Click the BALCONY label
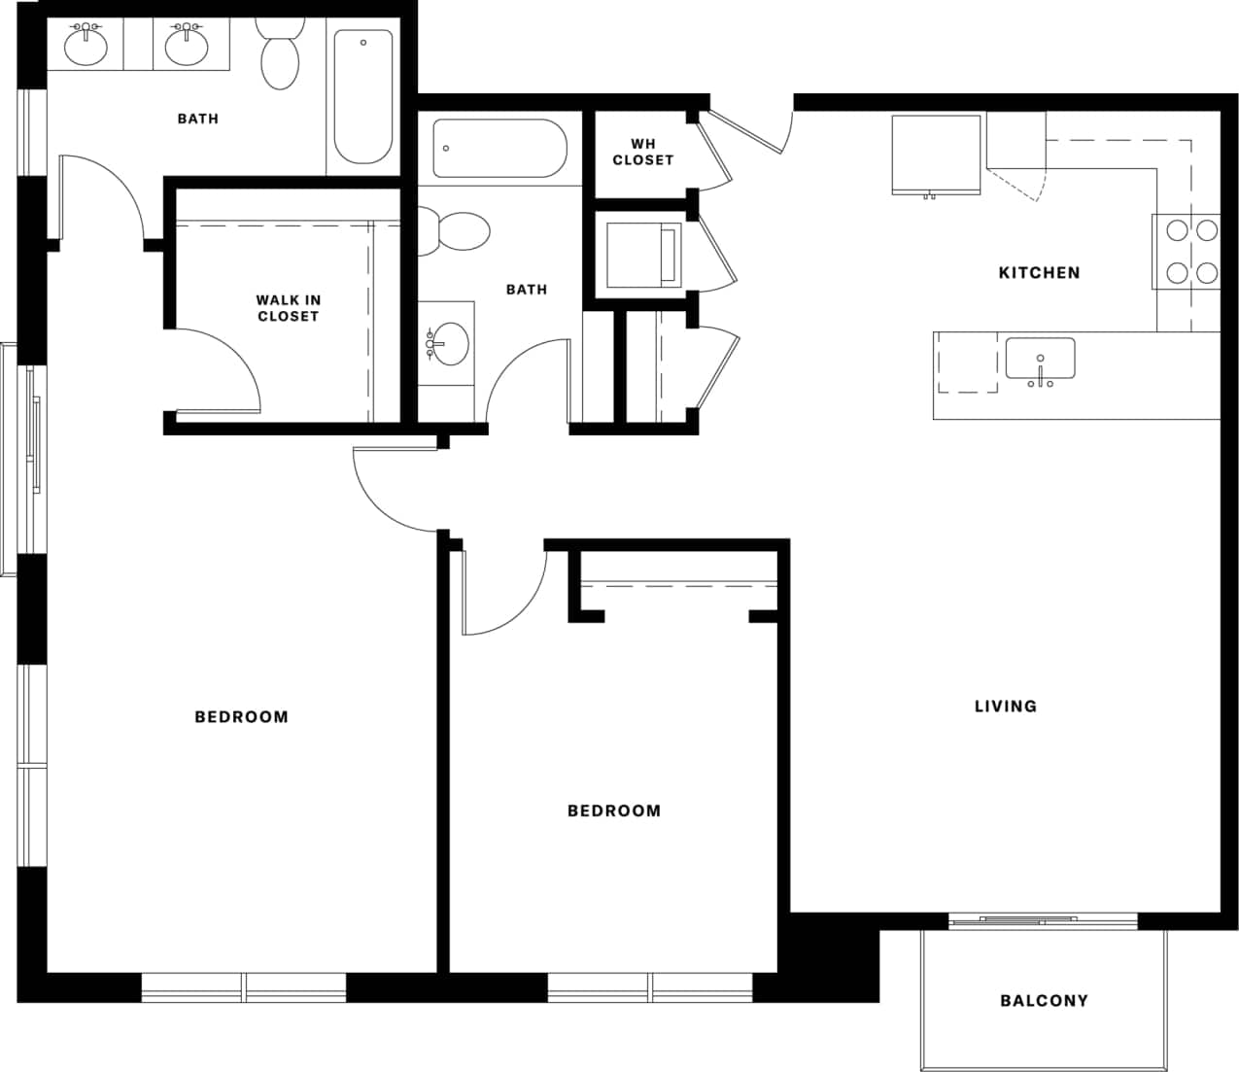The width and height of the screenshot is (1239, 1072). click(x=1044, y=1000)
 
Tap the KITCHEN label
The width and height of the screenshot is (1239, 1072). click(x=1039, y=273)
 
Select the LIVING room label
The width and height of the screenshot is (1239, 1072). click(x=1005, y=707)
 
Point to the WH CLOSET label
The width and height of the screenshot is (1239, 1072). click(x=642, y=152)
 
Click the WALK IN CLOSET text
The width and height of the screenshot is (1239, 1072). click(x=288, y=308)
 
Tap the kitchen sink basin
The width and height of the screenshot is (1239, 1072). click(x=1040, y=359)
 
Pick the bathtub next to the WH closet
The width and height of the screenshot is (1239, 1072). click(x=499, y=149)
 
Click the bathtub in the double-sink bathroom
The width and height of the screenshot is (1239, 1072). click(x=362, y=96)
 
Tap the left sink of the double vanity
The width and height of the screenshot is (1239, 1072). click(x=87, y=46)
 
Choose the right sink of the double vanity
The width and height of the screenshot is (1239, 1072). click(x=186, y=46)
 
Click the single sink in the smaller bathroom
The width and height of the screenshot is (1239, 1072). click(x=448, y=343)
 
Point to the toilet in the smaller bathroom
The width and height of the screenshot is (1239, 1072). click(x=457, y=231)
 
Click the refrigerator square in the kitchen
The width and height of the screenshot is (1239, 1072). click(x=936, y=155)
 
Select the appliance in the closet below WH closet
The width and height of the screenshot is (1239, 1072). click(x=641, y=255)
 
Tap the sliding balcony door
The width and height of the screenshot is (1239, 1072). click(x=1043, y=919)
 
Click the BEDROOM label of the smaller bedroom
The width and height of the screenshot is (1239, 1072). click(x=613, y=811)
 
